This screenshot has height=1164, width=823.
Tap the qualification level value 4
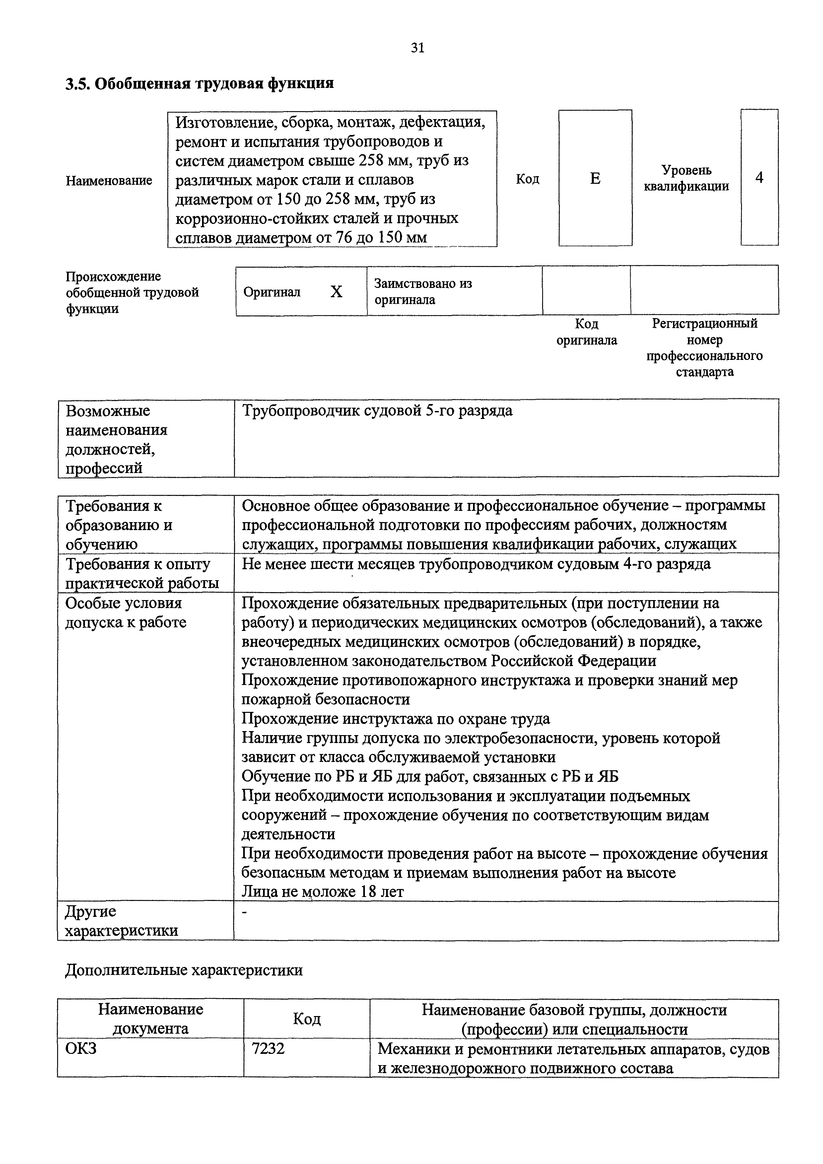click(759, 177)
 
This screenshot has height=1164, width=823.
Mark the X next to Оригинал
click(336, 292)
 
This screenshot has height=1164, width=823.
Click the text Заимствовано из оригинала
click(423, 292)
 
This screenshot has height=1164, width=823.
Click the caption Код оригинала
click(587, 332)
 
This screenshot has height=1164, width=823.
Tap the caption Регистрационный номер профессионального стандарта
click(704, 348)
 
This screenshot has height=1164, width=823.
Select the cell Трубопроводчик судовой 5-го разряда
click(377, 411)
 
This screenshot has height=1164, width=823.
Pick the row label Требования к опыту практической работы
click(142, 574)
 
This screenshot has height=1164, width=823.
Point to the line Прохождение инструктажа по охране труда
click(395, 719)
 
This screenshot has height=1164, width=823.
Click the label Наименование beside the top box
click(109, 180)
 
